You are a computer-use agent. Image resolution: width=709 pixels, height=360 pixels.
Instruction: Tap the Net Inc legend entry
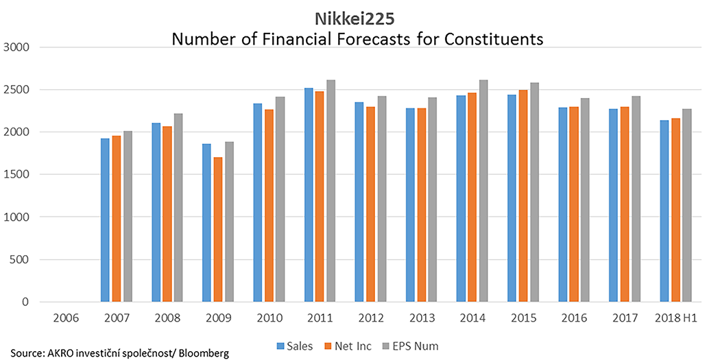coord(350,346)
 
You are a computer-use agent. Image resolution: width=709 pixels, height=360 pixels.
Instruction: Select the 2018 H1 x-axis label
coord(675,318)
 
